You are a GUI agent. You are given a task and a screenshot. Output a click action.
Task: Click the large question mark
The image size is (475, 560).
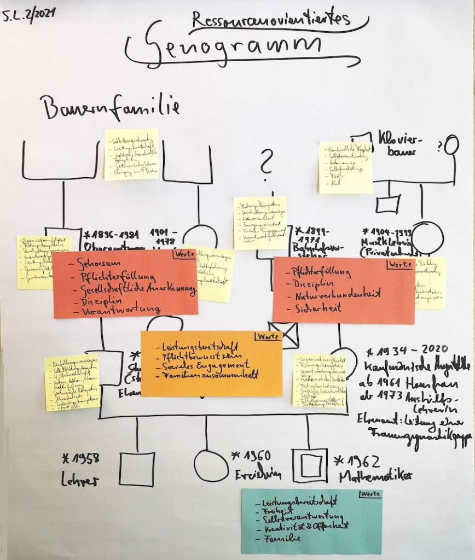(x=267, y=162)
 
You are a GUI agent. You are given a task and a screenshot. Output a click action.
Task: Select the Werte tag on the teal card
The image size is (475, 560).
(x=369, y=494)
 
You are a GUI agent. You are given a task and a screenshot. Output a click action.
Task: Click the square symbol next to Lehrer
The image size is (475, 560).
(x=136, y=469)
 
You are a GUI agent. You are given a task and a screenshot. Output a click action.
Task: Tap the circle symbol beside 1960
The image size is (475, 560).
(x=211, y=465)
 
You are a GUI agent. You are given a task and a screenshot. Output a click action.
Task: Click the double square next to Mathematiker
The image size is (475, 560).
(x=310, y=465)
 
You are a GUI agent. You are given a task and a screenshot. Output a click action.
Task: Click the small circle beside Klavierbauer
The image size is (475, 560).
(x=451, y=145)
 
